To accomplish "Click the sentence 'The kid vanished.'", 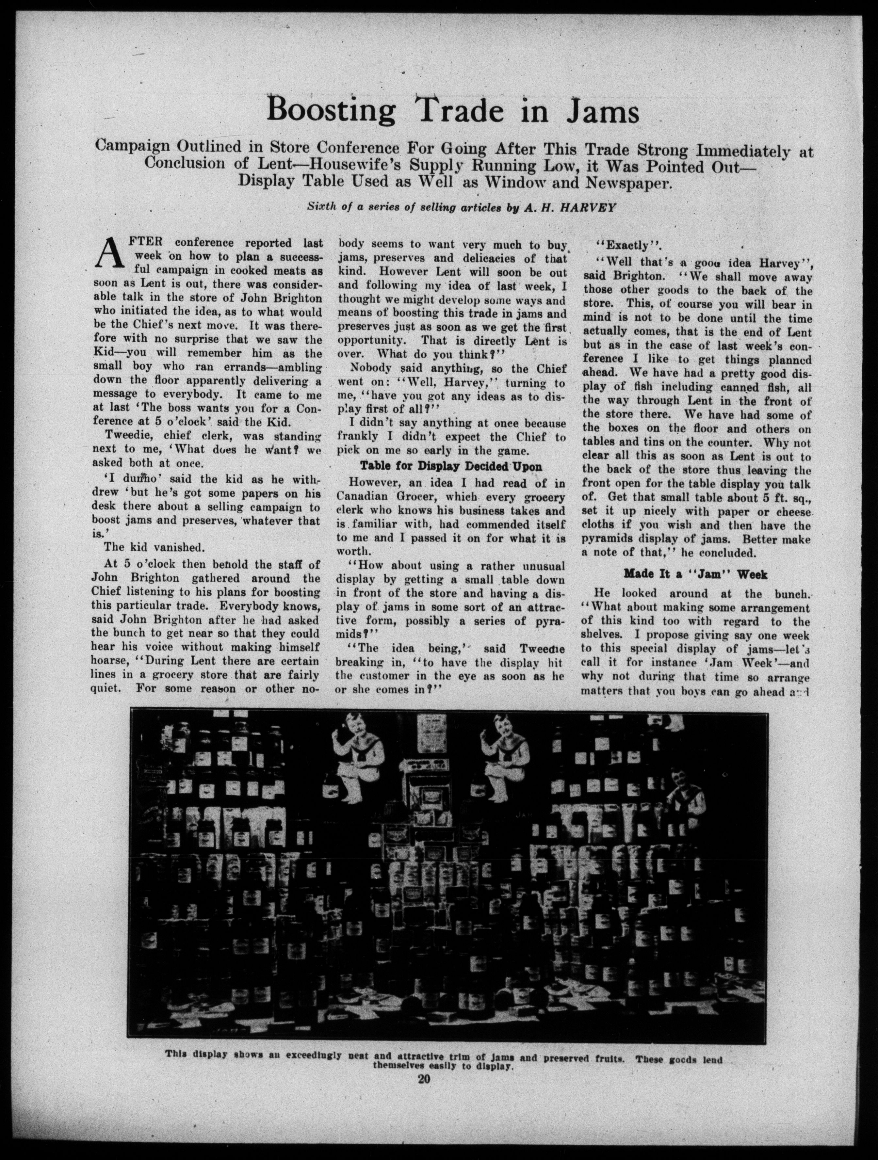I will click(146, 547).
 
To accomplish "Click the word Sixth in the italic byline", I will click(321, 207).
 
